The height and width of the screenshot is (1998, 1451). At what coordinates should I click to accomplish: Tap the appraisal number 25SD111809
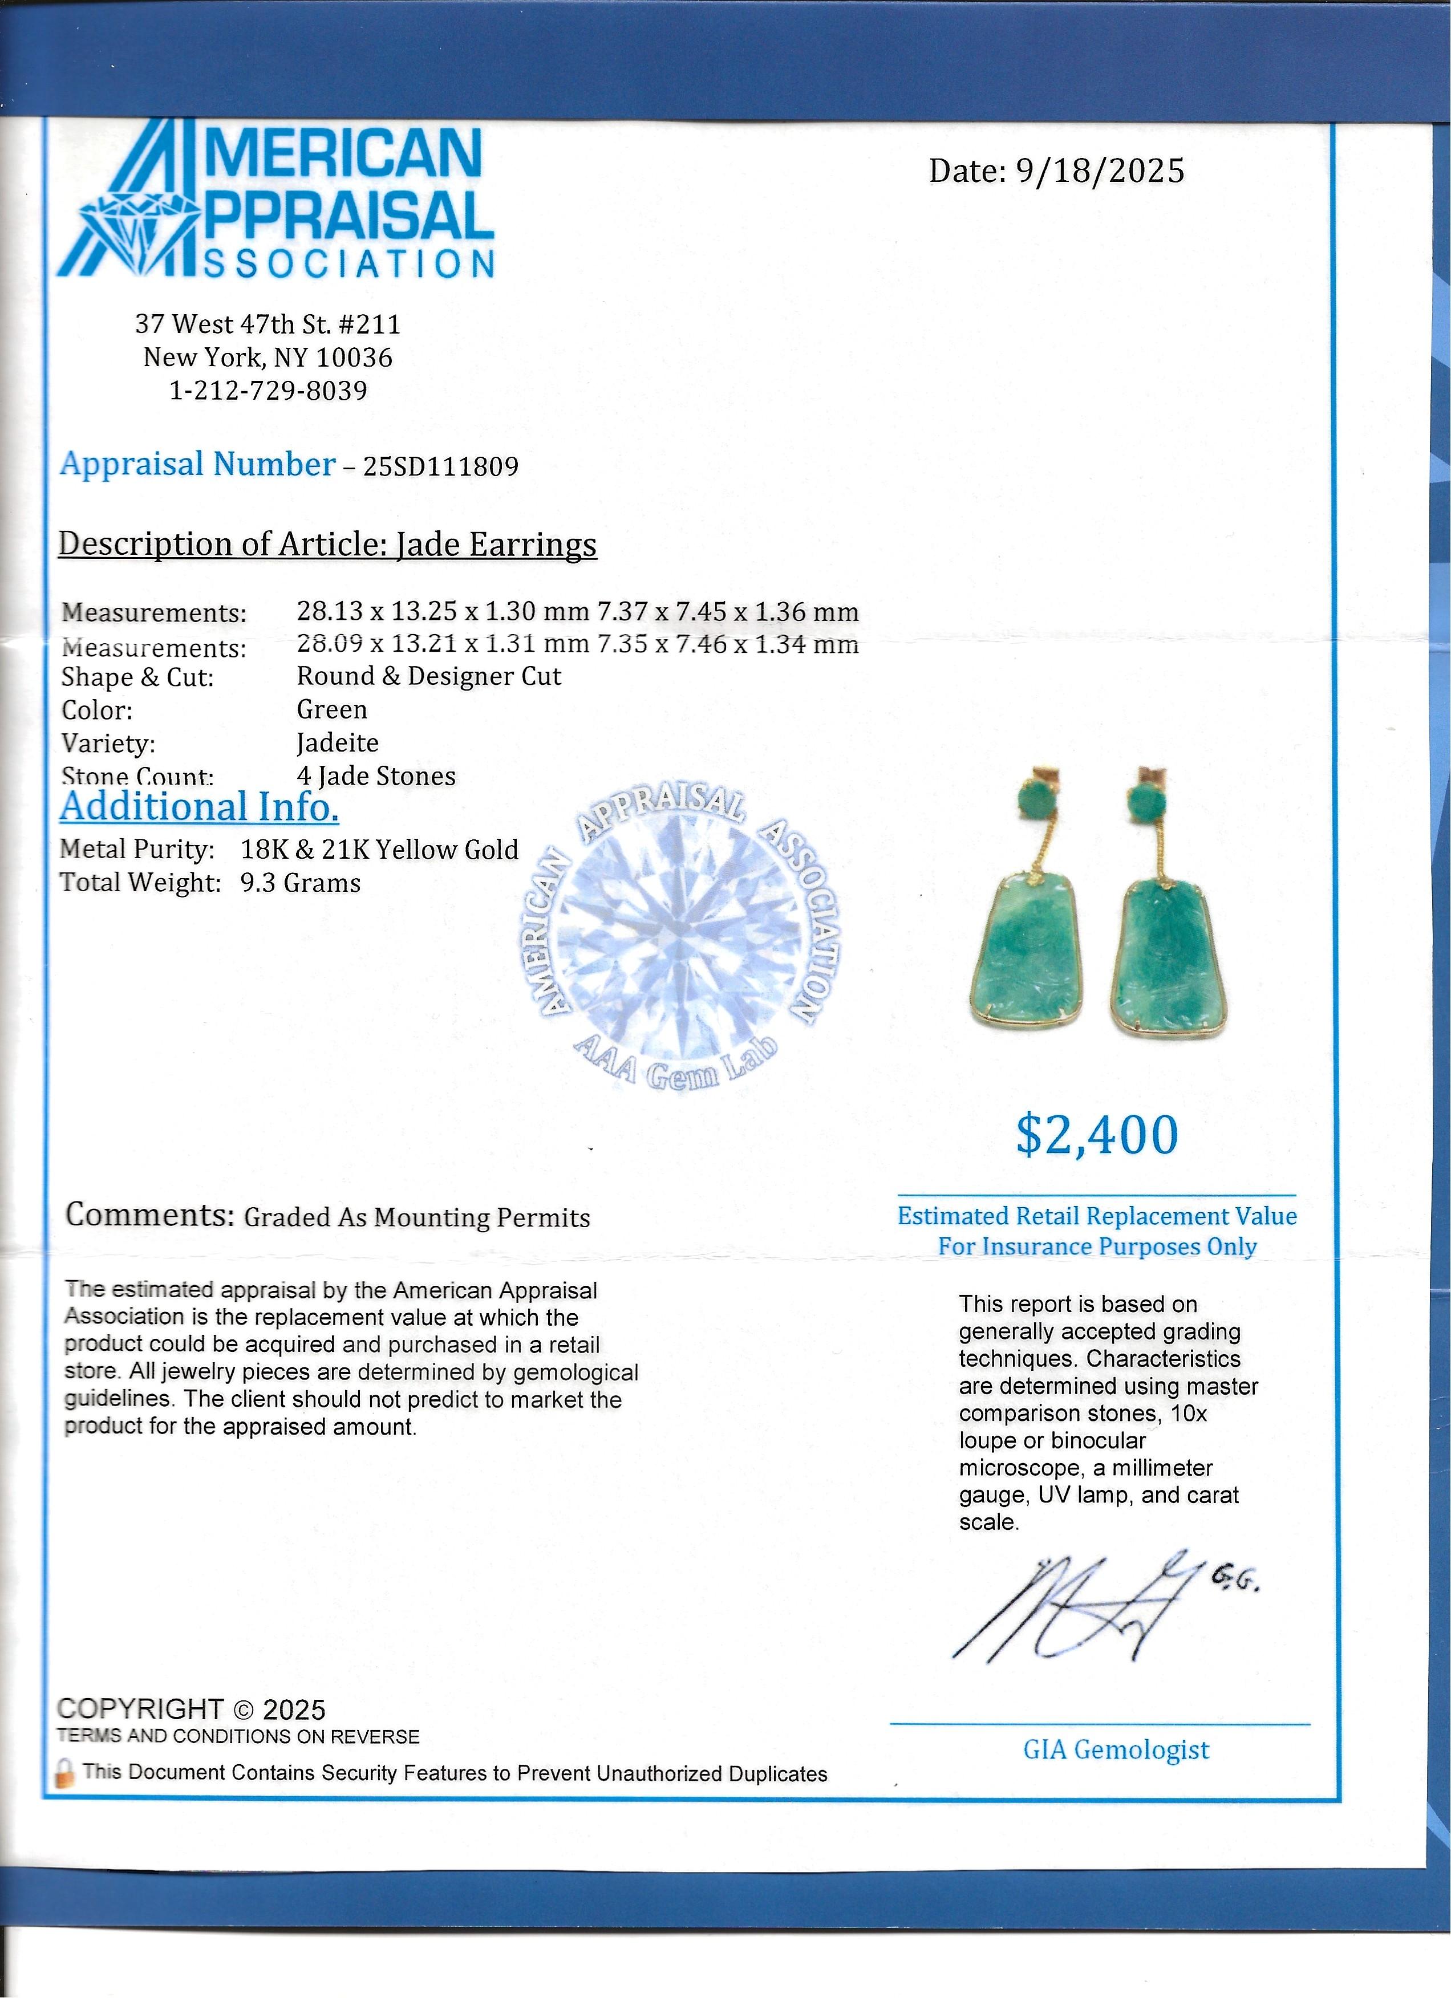point(440,466)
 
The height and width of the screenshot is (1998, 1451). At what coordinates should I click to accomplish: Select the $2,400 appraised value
point(1096,1135)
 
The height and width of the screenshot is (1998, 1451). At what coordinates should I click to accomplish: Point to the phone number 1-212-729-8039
point(268,390)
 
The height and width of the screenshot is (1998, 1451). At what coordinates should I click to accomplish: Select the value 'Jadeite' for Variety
point(338,742)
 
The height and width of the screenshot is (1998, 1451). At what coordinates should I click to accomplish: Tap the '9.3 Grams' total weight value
point(301,883)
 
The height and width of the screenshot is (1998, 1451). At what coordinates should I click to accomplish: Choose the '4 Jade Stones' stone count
point(376,776)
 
